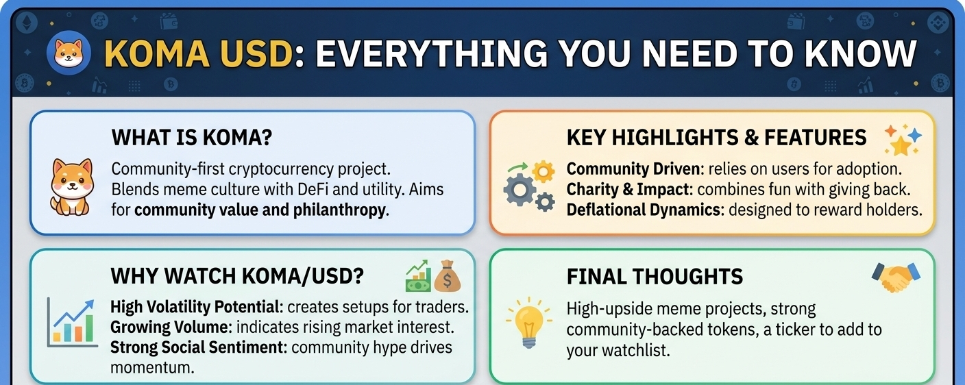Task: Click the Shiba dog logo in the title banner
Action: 69,53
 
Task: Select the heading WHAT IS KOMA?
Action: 192,138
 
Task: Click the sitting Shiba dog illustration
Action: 71,186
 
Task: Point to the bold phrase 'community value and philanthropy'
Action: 262,210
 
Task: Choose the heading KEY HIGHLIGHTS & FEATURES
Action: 716,138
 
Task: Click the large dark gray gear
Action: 520,190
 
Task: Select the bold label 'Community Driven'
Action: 633,169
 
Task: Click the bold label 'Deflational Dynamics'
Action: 644,210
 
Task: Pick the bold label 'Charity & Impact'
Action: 628,190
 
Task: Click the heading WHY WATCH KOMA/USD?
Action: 237,276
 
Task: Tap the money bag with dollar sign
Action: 447,277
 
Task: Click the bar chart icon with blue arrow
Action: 72,323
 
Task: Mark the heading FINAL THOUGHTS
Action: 655,277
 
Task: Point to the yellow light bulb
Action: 529,322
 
